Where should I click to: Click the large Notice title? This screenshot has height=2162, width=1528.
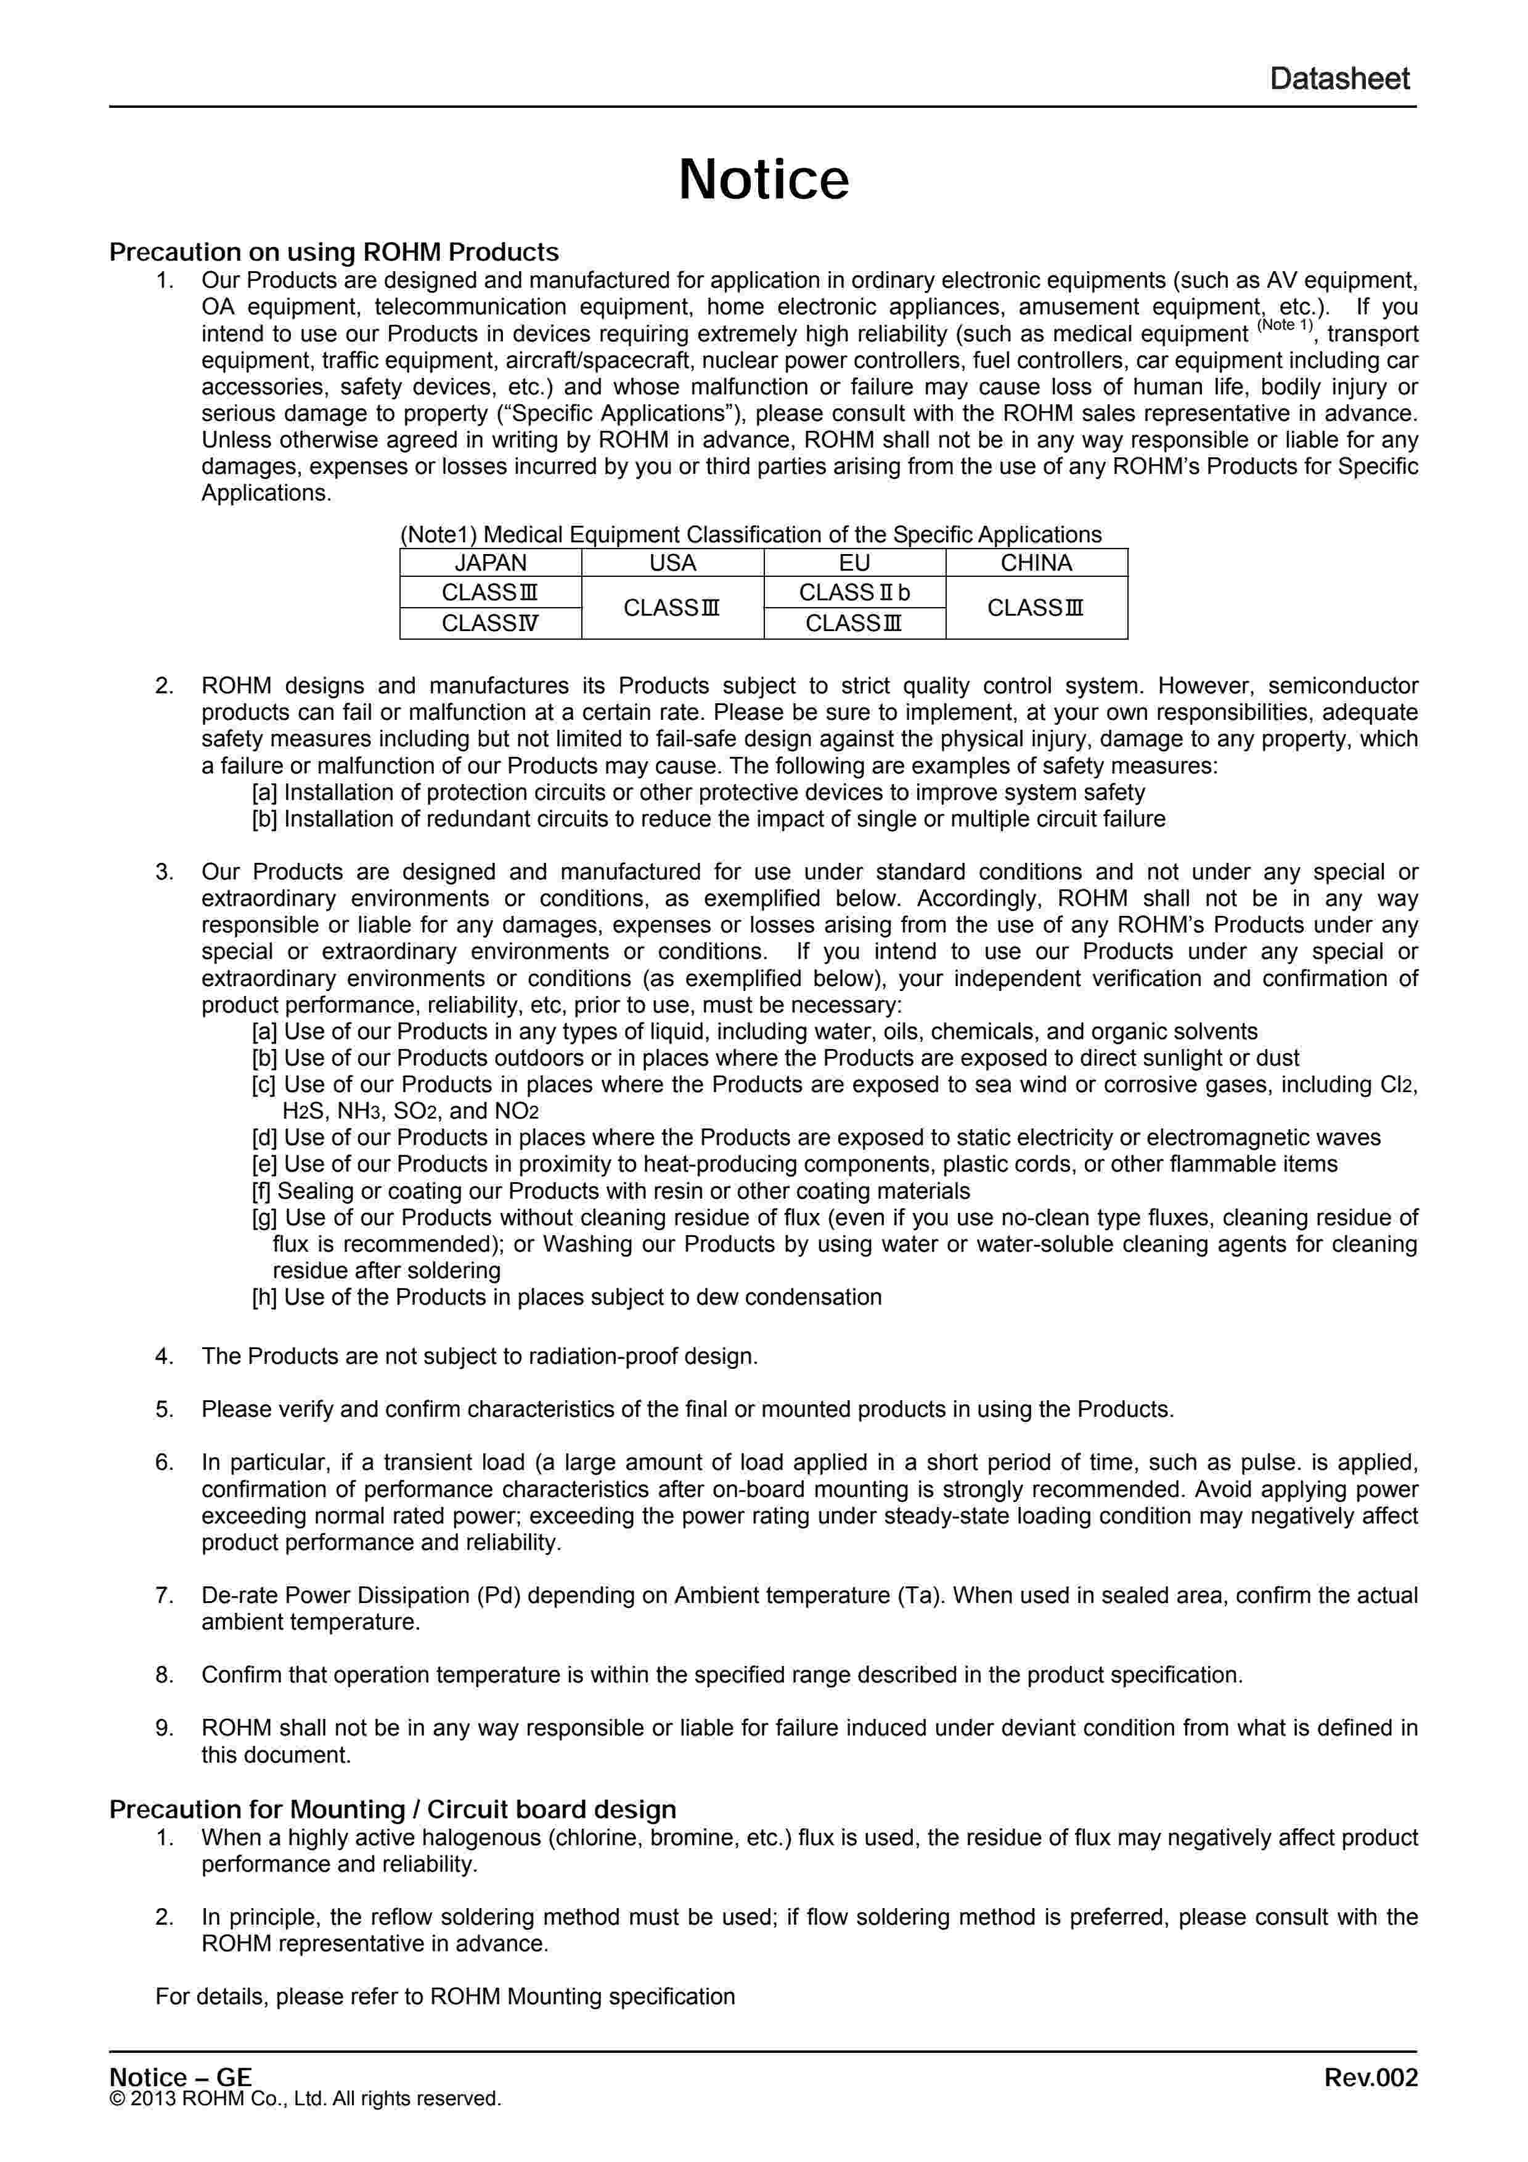[764, 180]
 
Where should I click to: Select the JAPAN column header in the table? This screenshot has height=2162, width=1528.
[491, 563]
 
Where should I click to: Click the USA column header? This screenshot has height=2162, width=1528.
[672, 563]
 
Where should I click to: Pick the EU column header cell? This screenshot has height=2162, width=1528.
[854, 563]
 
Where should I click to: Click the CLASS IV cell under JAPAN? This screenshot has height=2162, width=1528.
[491, 623]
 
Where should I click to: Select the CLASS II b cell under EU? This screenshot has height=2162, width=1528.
[854, 592]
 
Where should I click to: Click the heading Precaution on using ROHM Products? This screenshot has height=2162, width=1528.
[334, 252]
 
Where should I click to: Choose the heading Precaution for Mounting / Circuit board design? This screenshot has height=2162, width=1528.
[393, 1810]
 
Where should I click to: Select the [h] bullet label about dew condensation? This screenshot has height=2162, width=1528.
[264, 1297]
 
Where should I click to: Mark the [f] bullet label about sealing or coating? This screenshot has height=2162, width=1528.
[263, 1191]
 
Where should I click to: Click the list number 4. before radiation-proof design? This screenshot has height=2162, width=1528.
[165, 1357]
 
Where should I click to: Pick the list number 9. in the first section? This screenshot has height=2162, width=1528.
[165, 1728]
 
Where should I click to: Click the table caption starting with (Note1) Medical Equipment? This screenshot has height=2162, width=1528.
[750, 535]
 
